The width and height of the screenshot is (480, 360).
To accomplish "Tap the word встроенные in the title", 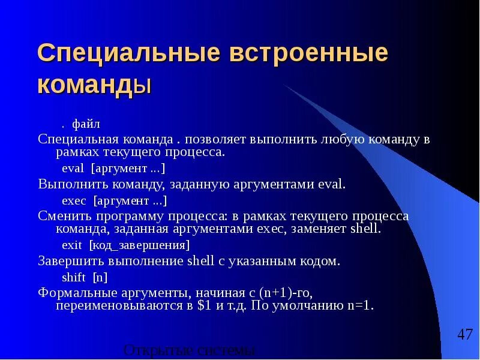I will point(307,55).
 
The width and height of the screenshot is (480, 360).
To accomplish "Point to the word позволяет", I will point(211,139).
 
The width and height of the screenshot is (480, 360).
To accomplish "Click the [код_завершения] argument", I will point(139,245).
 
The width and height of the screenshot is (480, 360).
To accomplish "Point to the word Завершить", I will point(71,261).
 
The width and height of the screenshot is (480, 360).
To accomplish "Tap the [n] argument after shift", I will point(100,277).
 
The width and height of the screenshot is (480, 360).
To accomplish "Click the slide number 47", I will point(464,335).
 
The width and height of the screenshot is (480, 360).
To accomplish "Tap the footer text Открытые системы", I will point(190,351).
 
